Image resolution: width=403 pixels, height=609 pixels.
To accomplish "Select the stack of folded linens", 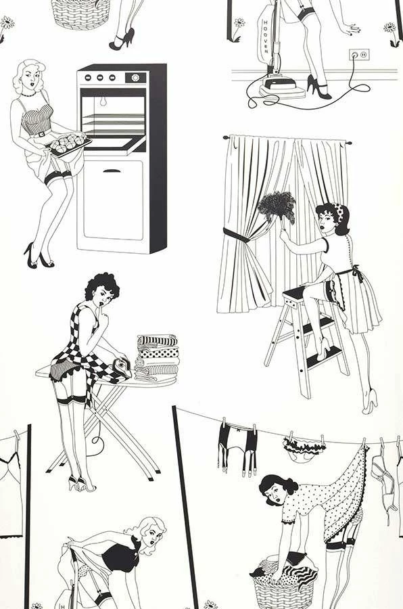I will (x=156, y=357).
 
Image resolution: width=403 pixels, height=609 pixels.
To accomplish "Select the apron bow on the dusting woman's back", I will (x=352, y=274).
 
